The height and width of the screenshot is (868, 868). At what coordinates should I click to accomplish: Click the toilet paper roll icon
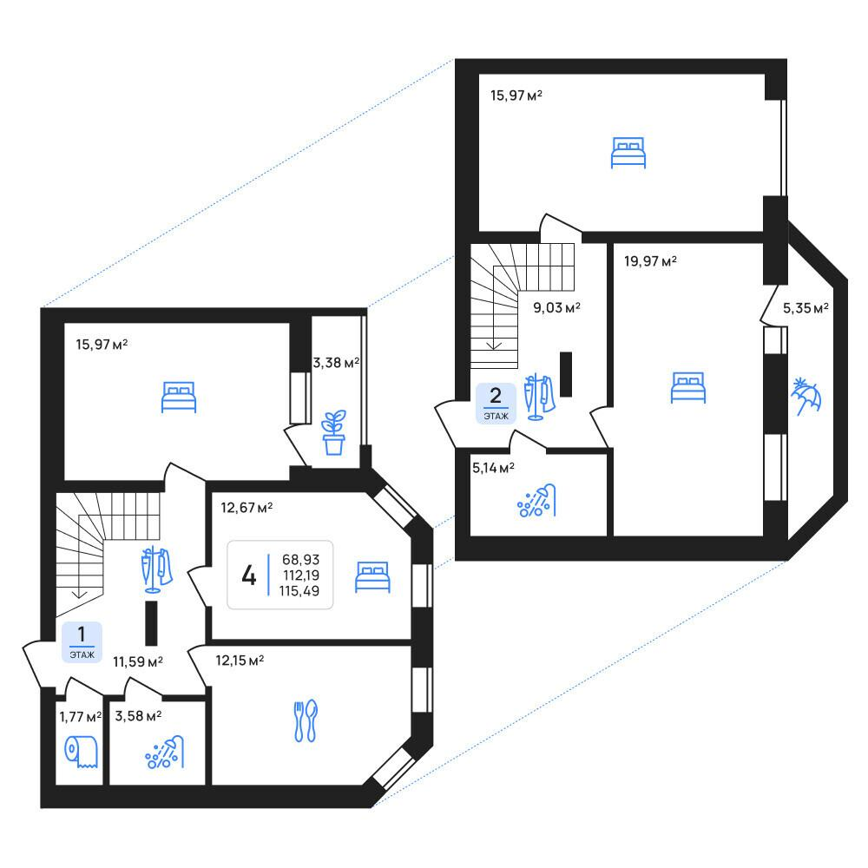coord(82,752)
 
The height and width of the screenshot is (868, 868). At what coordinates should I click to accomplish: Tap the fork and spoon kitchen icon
coord(306,720)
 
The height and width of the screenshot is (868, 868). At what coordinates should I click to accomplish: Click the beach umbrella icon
coord(806,397)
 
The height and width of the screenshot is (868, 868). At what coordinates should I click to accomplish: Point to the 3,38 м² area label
coord(336,363)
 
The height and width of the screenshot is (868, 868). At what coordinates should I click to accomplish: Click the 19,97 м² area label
coord(650,260)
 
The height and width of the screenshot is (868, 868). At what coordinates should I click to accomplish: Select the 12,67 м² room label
coord(247,507)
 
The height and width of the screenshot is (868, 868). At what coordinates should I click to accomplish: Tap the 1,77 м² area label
coord(81,717)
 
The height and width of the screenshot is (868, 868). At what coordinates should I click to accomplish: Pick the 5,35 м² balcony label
coord(806,308)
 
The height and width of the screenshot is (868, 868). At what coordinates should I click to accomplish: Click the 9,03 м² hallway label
coord(557,307)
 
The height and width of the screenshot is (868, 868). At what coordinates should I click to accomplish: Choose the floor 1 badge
coord(82,642)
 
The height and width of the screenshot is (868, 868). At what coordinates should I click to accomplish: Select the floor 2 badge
coord(496,404)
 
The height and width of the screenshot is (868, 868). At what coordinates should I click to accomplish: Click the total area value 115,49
coord(299,590)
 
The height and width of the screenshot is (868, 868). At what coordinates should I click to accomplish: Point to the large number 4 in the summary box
coord(249,575)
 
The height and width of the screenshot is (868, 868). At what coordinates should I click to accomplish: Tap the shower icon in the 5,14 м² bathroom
coord(536,501)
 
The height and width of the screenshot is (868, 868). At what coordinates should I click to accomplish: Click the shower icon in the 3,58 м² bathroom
coord(164,753)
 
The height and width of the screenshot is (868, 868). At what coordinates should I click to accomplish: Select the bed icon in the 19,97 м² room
coord(688,387)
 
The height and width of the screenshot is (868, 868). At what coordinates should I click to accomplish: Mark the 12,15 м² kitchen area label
coord(240,660)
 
